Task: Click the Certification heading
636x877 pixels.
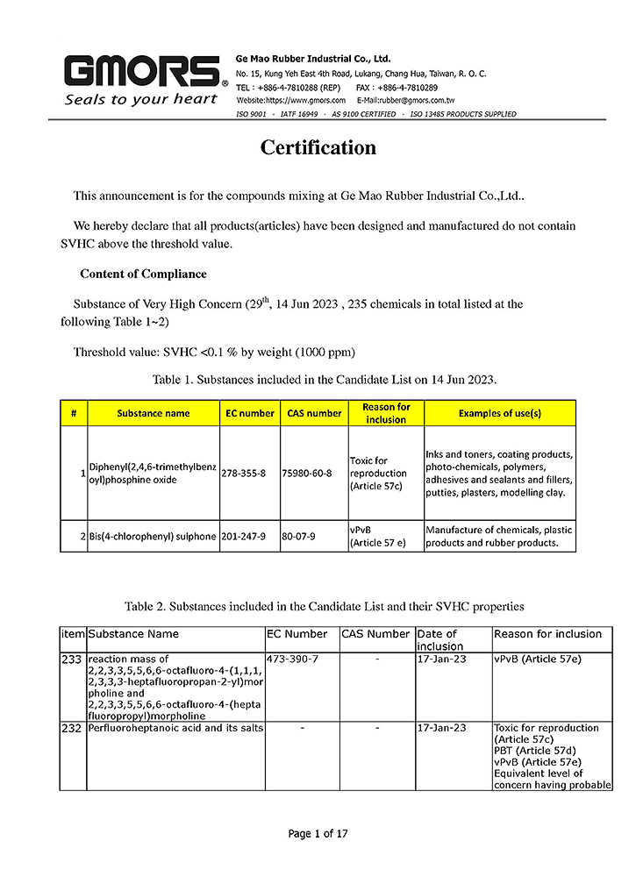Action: (318, 148)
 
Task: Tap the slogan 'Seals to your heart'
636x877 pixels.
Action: (140, 99)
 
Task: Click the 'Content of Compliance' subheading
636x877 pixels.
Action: (143, 275)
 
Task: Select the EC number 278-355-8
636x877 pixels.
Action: (243, 473)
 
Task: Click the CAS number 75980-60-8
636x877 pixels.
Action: (306, 473)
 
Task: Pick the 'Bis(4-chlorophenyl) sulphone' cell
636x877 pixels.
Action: (153, 536)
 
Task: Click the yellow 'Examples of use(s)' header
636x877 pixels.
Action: (500, 413)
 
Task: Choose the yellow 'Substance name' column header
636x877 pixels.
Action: (153, 413)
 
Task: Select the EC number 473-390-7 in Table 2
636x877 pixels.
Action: (292, 659)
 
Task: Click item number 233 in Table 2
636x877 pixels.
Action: (72, 659)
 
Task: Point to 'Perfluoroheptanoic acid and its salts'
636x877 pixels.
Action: (175, 728)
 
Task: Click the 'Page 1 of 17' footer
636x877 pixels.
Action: (318, 834)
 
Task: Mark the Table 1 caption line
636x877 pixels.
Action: (325, 380)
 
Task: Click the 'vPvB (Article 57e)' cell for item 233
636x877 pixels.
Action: (537, 659)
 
